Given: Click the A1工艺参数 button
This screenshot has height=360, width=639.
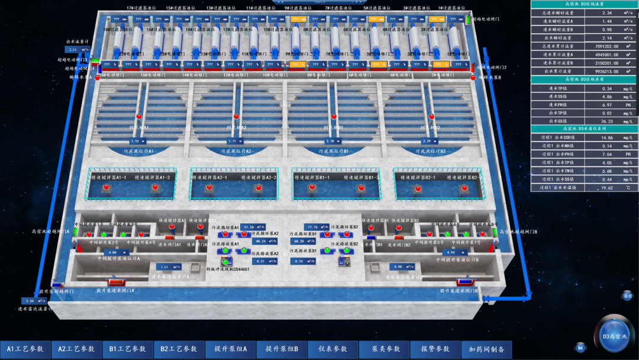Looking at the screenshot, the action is (25, 349).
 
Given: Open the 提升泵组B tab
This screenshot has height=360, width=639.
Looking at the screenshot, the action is (282, 349).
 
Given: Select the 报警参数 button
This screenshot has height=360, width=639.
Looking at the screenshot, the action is (435, 349).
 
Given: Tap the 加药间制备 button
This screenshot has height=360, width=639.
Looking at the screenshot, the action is (486, 349).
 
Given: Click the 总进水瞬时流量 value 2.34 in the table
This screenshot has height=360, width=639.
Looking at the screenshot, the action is (606, 12).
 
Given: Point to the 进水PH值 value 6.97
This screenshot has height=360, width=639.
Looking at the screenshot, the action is (606, 105).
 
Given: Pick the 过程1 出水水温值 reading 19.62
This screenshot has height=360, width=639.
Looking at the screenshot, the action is (606, 188).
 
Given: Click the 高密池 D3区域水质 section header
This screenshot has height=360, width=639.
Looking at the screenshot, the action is (584, 79).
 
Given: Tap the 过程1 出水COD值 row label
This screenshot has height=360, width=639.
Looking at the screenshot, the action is (558, 138).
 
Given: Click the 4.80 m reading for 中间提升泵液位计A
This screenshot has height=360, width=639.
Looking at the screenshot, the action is (113, 253).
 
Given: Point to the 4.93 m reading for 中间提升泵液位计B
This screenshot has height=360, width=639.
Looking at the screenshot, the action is (451, 253).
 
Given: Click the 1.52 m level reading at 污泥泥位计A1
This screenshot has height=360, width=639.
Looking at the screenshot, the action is (135, 142).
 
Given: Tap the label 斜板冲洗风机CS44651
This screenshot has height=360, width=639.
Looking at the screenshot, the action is (228, 269).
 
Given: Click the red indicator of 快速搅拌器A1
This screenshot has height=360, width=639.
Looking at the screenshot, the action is (172, 227).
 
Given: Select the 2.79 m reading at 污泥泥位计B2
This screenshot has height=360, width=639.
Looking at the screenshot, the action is (427, 142).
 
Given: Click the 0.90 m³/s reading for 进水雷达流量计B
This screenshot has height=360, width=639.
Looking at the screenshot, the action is (397, 267).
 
